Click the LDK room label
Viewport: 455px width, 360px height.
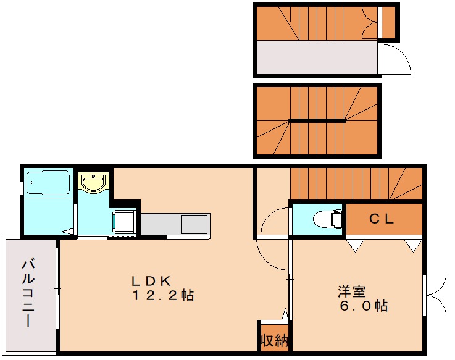[151, 281]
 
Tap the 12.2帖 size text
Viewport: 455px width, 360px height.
[163, 295]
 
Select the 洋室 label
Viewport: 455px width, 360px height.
[351, 291]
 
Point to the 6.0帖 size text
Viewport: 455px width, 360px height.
[364, 306]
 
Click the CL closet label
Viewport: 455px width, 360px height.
[382, 219]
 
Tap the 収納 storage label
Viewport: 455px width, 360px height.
[274, 340]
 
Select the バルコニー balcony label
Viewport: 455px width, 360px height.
[28, 293]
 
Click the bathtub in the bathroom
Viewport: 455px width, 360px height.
[48, 183]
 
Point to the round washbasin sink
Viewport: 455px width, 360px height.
[93, 183]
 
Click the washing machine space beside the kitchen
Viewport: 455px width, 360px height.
[124, 222]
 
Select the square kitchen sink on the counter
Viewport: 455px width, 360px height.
[194, 224]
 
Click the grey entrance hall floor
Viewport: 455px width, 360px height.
[317, 57]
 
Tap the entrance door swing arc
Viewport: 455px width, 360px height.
[402, 55]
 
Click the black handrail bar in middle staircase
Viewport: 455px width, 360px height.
[317, 121]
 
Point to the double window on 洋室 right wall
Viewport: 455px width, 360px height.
[435, 295]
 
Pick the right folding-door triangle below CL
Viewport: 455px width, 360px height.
[414, 245]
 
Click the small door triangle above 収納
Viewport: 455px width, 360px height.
[285, 314]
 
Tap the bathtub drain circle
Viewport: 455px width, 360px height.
[31, 183]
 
